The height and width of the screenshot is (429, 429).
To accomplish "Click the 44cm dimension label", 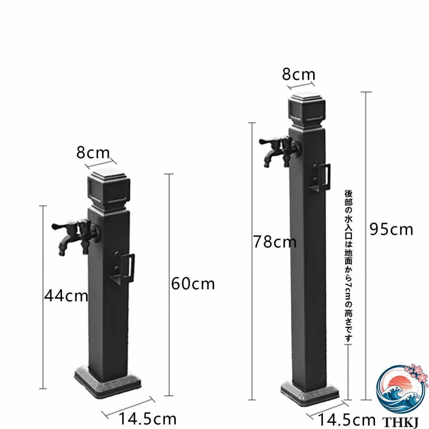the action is click(x=66, y=296).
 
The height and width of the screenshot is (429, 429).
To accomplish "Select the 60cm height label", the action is click(x=193, y=284).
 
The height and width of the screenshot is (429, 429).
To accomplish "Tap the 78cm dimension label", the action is click(x=275, y=242).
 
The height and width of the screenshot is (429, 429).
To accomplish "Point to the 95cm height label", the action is click(x=391, y=229).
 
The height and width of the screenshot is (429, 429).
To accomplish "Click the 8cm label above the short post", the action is click(x=93, y=153).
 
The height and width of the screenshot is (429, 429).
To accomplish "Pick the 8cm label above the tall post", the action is click(x=298, y=74).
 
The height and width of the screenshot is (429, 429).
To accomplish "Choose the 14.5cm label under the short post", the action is click(x=147, y=419).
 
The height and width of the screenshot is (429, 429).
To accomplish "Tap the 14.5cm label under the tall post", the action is click(x=347, y=420).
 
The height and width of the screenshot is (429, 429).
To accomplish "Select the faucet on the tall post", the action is click(x=279, y=151).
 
